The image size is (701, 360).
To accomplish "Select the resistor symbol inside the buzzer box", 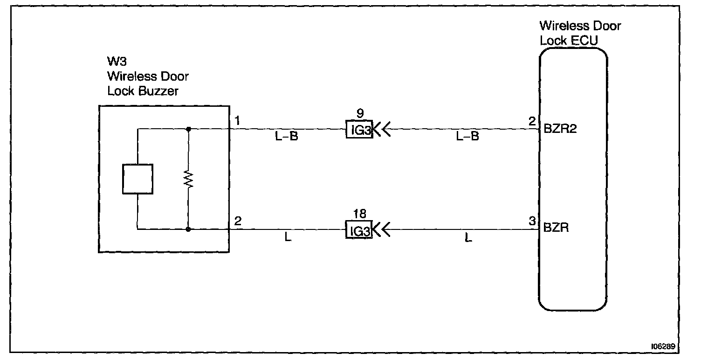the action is (x=188, y=180).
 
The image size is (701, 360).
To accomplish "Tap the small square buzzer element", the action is (x=137, y=179).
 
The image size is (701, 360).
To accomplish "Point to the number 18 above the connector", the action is (x=359, y=215).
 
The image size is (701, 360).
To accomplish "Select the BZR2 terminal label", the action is (x=560, y=129).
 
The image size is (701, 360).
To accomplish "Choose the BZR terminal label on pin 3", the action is (x=556, y=229).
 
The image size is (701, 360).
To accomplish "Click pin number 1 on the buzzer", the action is (x=238, y=122).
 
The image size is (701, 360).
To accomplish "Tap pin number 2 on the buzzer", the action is (x=238, y=222).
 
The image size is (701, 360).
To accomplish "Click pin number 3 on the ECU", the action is (x=533, y=222).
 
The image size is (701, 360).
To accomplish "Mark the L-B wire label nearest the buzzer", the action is (x=287, y=138).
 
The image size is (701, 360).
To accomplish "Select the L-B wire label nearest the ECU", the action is (x=467, y=138).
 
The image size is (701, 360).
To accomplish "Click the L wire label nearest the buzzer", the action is (x=288, y=238).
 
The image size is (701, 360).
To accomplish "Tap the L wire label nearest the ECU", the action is (x=468, y=238).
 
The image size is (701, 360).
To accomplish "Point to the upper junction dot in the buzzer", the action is (x=188, y=129).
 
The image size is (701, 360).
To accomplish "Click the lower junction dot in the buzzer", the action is (x=188, y=229).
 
